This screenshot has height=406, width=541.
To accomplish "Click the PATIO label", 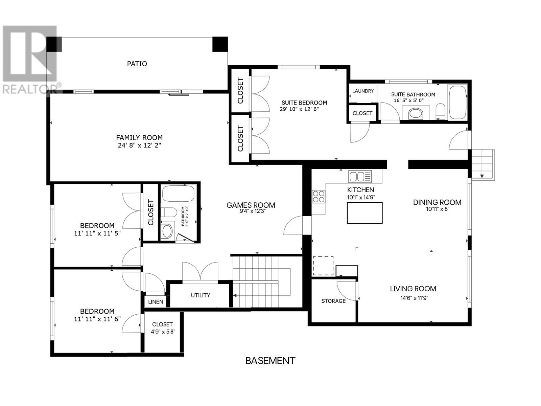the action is [137, 64].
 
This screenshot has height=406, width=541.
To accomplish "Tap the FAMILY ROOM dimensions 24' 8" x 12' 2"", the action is [139, 145].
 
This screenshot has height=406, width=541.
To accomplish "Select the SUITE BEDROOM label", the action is [304, 103].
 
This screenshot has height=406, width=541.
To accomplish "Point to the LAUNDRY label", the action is [362, 91].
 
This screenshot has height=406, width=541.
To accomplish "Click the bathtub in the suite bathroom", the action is [458, 102].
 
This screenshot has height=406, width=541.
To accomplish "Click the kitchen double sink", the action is [360, 177].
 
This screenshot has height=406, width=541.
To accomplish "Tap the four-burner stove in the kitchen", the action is [319, 197].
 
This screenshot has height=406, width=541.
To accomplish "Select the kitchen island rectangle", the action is [364, 213].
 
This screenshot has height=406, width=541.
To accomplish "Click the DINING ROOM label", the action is [437, 202].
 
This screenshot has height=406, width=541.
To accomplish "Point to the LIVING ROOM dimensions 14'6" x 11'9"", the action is [414, 298].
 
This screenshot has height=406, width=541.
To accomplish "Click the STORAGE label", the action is [333, 301].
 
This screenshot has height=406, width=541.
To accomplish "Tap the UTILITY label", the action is [201, 295].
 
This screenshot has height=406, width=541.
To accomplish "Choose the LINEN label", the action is [156, 302].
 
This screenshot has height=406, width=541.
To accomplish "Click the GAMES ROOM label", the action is [251, 205].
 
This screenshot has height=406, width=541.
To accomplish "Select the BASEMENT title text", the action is [270, 361].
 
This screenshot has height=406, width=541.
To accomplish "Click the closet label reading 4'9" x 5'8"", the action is [163, 332].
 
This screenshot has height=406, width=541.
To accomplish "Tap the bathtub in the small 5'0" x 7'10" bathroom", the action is [179, 194].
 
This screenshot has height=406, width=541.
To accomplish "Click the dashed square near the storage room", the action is [323, 266].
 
